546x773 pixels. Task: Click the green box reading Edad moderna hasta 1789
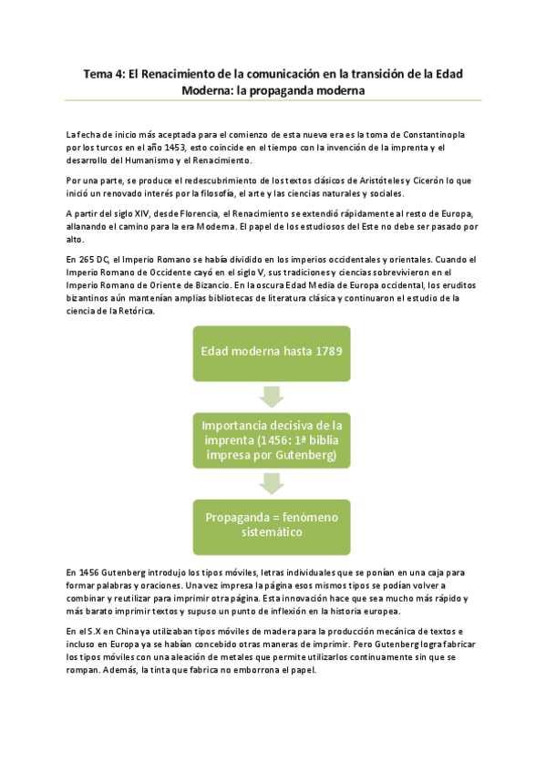(272, 352)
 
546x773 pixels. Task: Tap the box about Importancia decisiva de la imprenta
(272, 438)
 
